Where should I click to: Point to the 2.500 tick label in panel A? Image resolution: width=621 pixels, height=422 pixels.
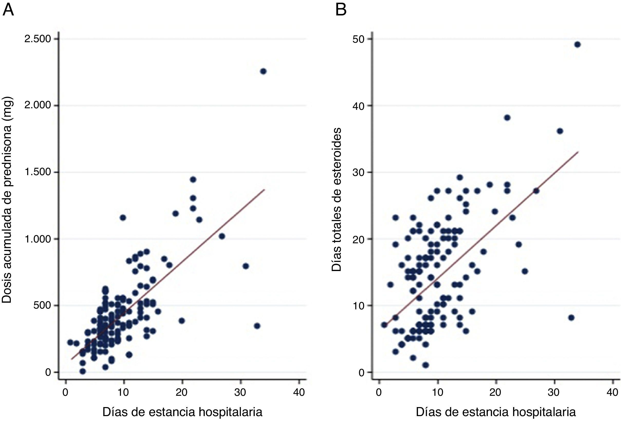[38, 39]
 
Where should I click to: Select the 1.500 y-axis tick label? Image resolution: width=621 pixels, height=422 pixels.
[38, 172]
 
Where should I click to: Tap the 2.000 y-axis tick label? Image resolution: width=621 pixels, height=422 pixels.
[38, 106]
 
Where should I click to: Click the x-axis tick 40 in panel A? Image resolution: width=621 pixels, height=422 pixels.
[299, 393]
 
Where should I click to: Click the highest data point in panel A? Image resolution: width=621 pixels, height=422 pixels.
[263, 71]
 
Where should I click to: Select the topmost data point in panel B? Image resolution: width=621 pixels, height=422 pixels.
[577, 45]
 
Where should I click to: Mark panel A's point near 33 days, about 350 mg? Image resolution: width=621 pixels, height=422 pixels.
[257, 326]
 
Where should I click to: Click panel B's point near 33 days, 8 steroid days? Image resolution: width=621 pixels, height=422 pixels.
[571, 318]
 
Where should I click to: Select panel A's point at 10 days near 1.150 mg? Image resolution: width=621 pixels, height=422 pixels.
[123, 218]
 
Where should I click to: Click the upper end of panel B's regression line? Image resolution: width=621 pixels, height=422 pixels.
[578, 152]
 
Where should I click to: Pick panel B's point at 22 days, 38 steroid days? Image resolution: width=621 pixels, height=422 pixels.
[507, 118]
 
